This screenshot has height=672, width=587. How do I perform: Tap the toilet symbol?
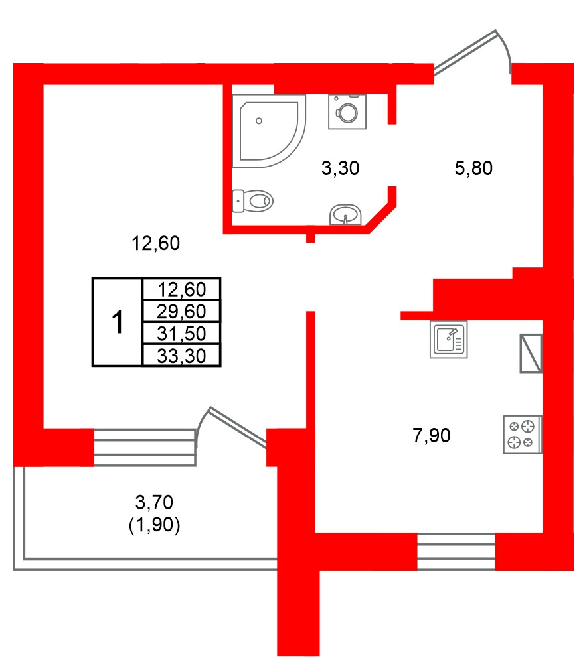253,200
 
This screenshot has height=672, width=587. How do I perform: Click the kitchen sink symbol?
449,340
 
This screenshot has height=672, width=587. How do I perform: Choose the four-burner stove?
522,435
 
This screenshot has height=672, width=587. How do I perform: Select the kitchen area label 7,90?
432,436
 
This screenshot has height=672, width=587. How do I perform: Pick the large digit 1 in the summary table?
117,322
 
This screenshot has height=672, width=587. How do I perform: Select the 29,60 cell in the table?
181,310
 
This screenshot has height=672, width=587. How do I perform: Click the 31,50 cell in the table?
181,333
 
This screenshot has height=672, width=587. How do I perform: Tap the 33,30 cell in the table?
181,356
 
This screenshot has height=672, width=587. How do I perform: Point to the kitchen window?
456,551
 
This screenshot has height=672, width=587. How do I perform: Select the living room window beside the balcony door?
145,447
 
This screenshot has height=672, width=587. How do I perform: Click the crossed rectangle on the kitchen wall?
531,353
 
